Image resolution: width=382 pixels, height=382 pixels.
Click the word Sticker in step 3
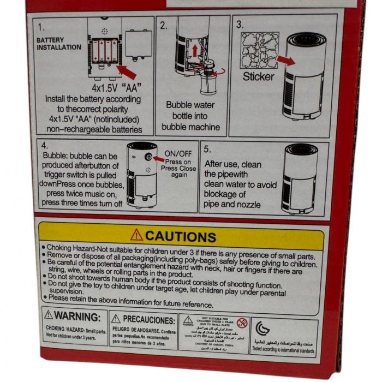258,76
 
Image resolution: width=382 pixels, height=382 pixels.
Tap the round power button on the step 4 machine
148,158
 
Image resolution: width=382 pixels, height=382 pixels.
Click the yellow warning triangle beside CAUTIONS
136,235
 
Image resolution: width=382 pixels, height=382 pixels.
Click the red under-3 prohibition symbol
242,323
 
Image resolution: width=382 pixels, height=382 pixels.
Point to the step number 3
240,25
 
